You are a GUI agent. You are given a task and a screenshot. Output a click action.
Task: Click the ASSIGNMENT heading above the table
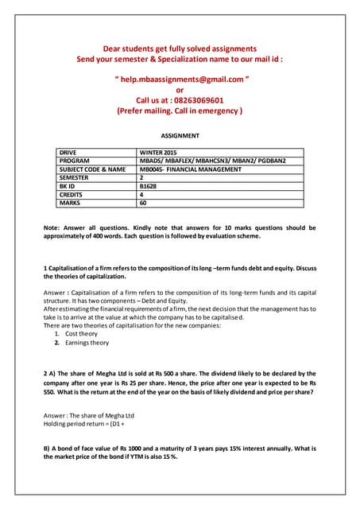click(180, 136)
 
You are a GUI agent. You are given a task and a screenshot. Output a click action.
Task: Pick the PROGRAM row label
click(77, 161)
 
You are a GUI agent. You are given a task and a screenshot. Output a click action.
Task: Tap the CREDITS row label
click(75, 194)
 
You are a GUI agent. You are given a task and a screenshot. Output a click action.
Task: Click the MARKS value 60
click(144, 203)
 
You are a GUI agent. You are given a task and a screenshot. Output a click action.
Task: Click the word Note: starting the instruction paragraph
click(53, 228)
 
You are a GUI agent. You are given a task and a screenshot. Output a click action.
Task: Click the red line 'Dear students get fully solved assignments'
click(180, 48)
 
